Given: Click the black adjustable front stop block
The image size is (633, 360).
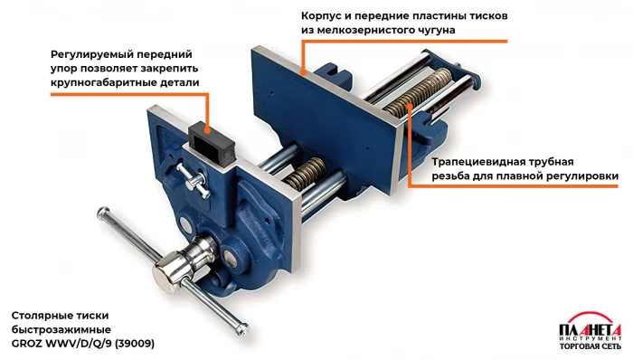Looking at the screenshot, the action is (212, 144).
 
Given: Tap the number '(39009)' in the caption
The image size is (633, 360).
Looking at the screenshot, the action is (135, 344).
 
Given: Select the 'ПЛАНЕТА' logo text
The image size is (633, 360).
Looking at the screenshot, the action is (590, 329).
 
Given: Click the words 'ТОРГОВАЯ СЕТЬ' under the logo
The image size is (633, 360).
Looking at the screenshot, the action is (590, 346).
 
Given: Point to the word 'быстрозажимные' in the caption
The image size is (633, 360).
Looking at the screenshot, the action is (61, 330).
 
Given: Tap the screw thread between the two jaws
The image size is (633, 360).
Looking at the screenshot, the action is (306, 174).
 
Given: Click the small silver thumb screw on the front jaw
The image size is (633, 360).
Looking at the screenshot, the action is (193, 181).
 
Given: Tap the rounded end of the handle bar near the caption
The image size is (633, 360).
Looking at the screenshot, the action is (243, 328).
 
